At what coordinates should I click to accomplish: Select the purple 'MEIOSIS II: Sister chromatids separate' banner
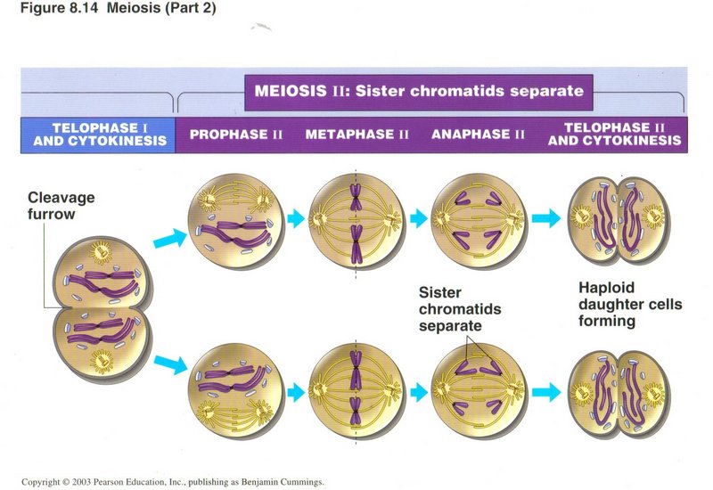coord(419,91)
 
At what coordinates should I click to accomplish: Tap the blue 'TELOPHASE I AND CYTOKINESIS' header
coord(97,134)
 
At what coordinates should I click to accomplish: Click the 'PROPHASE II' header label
coord(236,135)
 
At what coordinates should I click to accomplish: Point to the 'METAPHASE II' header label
coord(356,135)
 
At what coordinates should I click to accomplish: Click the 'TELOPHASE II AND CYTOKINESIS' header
coord(615,134)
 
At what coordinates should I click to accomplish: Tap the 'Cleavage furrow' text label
coord(61,205)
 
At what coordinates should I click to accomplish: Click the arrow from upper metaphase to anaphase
coord(416,217)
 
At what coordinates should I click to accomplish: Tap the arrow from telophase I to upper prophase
coord(168,237)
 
